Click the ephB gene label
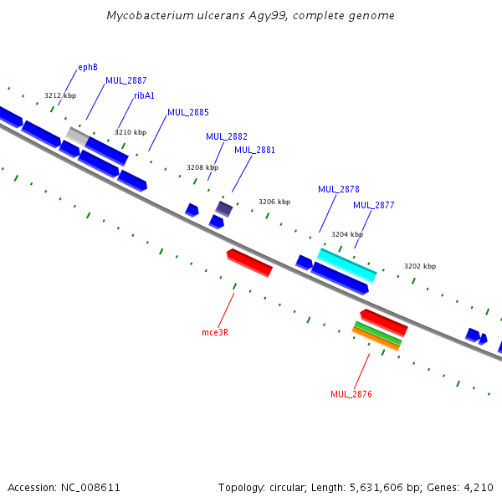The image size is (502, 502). tap(88, 67)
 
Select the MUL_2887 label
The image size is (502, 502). tap(125, 80)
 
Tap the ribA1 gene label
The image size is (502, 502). tap(144, 95)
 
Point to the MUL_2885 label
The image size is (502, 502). tap(187, 112)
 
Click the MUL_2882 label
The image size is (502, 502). tap(226, 136)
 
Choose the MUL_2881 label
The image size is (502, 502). tap(254, 151)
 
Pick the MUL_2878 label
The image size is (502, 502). tap(338, 189)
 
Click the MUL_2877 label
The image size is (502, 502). tap(373, 205)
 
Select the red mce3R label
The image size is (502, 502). tap(215, 332)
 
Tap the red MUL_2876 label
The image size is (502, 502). tap(351, 394)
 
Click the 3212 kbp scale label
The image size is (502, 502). tap(60, 95)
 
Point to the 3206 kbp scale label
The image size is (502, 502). tap(274, 202)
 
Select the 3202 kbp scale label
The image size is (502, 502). tap(420, 266)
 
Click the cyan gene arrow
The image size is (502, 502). tap(347, 264)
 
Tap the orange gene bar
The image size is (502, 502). tap(376, 339)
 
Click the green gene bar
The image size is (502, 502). tap(378, 333)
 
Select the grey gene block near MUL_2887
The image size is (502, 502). tap(77, 134)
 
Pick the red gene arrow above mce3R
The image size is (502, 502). tap(249, 262)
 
